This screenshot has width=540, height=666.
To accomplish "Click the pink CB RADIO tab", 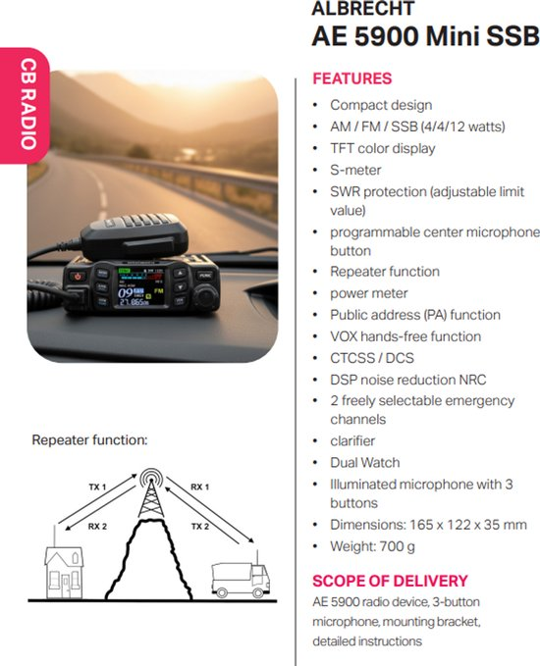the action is pyautogui.click(x=25, y=105).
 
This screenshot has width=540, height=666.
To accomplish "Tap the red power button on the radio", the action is pyautogui.click(x=78, y=277).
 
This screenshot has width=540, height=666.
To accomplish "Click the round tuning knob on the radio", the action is pyautogui.click(x=206, y=294).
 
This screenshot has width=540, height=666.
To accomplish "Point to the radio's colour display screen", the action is pyautogui.click(x=140, y=287).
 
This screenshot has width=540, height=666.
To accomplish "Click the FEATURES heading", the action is pyautogui.click(x=352, y=78).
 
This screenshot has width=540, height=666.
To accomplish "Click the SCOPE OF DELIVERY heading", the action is pyautogui.click(x=390, y=581).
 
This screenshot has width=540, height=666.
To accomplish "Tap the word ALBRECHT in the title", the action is pyautogui.click(x=362, y=9).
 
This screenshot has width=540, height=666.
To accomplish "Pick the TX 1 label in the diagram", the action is pyautogui.click(x=97, y=487).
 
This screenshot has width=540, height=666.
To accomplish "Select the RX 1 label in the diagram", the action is pyautogui.click(x=200, y=487).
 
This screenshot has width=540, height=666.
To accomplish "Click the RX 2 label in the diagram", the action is pyautogui.click(x=97, y=527).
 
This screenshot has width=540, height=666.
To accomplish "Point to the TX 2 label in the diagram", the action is pyautogui.click(x=200, y=527).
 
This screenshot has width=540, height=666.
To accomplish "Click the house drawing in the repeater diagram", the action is pyautogui.click(x=64, y=567).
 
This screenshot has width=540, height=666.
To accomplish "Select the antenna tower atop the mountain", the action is pyautogui.click(x=150, y=493).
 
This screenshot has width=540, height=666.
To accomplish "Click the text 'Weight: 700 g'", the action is pyautogui.click(x=372, y=546).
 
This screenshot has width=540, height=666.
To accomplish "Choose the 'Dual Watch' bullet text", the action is pyautogui.click(x=365, y=462).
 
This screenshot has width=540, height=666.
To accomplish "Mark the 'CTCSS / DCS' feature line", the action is pyautogui.click(x=372, y=358).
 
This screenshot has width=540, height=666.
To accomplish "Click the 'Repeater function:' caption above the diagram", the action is pyautogui.click(x=89, y=440).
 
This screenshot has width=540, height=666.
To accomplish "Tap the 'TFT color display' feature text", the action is pyautogui.click(x=383, y=149).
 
